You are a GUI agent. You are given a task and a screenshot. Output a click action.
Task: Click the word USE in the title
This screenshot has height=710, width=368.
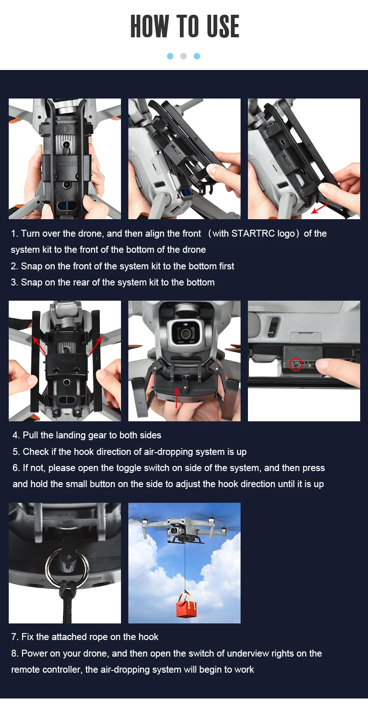click(223, 26)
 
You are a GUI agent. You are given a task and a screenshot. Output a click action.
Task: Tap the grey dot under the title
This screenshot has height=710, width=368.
click(184, 56)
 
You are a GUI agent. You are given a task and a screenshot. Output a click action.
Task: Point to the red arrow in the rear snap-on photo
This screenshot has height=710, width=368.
click(320, 208)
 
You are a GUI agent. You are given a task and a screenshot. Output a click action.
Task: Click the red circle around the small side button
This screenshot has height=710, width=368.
click(296, 364)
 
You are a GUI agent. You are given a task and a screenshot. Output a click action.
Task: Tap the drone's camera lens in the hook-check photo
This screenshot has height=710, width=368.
click(184, 333)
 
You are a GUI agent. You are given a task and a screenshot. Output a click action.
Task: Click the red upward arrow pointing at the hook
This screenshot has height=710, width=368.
click(177, 397)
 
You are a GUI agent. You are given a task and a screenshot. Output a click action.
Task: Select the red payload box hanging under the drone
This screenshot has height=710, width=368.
click(186, 607)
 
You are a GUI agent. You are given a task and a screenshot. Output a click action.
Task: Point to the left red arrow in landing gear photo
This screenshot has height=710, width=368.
click(39, 346)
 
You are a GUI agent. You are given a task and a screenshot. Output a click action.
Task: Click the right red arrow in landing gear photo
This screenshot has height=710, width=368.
click(95, 345)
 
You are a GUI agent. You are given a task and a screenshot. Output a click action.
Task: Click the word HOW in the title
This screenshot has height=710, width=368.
click(149, 26)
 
